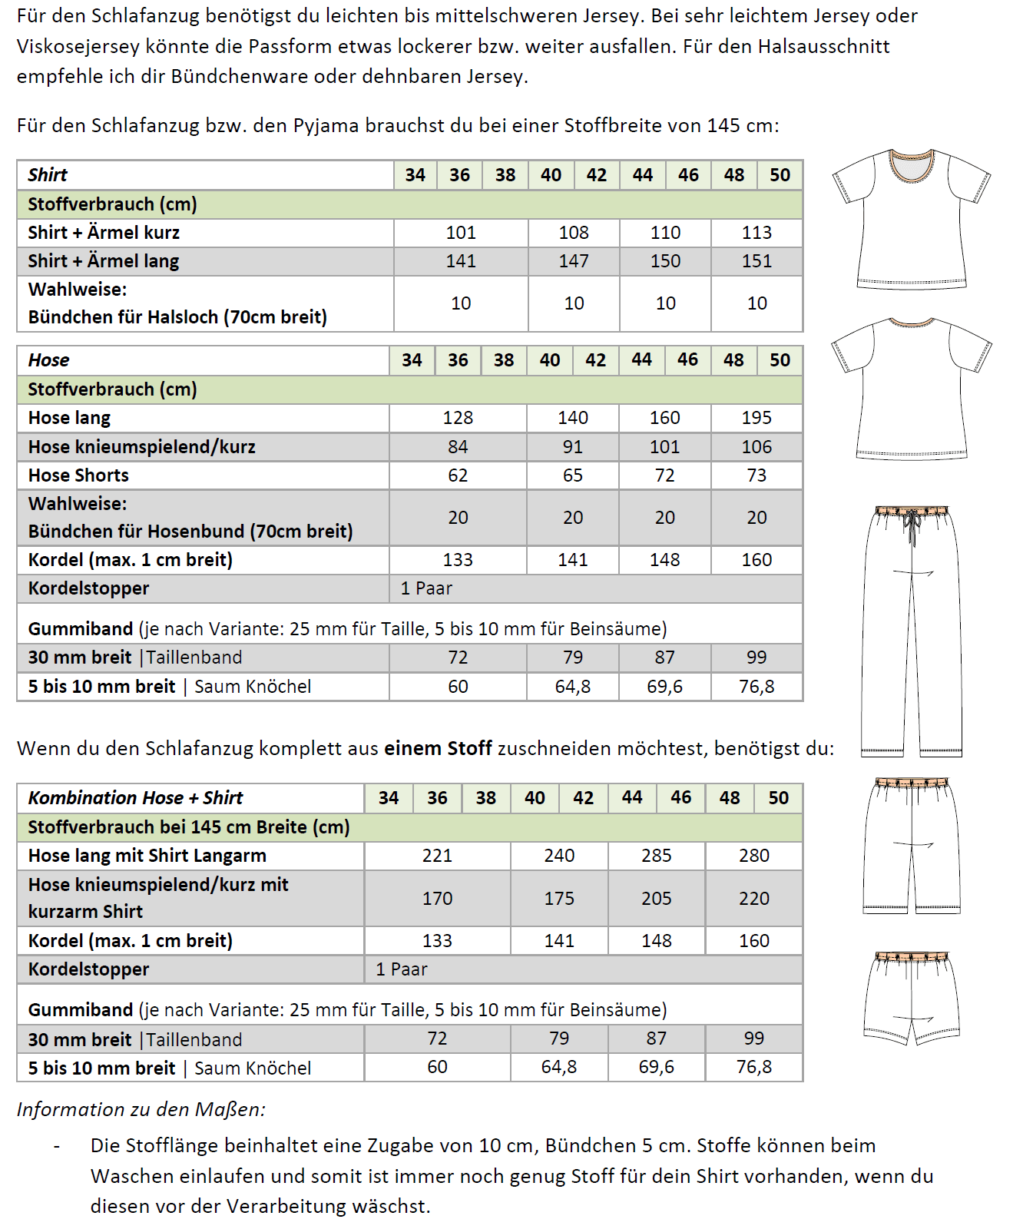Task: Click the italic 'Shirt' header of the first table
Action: coord(48,175)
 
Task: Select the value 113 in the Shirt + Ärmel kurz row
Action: coord(756,233)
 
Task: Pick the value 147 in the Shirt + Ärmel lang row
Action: coord(574,261)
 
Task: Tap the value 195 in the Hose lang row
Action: coord(756,418)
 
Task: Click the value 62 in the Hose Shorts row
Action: coord(458,475)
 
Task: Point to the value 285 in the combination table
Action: coord(657,856)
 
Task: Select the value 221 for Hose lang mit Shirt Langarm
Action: coord(437,856)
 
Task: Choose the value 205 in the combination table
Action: coord(657,899)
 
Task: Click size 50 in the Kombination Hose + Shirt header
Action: coord(778,798)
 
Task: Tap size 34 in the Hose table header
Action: coord(412,360)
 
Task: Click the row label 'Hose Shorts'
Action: coord(78,475)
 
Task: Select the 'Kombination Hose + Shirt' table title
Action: coord(135,798)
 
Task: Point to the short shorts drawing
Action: coord(912,999)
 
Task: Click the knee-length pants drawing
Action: coord(912,845)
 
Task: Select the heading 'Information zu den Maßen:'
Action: coord(141,1109)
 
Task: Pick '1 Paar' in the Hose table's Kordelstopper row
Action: coord(426,588)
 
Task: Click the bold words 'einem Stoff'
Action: coord(438,748)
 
